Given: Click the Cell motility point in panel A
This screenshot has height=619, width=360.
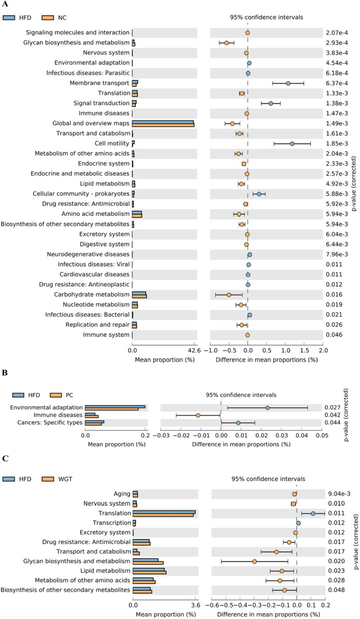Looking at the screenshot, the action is (292, 144).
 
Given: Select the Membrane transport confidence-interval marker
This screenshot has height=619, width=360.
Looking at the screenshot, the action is (288, 83).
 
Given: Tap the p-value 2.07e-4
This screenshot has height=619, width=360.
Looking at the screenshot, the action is (337, 32).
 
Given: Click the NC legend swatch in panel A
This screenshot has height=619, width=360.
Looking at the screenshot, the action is (48, 18).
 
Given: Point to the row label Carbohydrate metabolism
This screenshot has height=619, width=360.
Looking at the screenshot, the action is (92, 295).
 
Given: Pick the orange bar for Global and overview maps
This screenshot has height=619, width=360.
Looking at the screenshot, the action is (163, 125).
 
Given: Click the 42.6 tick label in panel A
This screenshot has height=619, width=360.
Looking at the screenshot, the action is (194, 350).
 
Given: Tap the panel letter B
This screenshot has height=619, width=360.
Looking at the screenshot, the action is (5, 373).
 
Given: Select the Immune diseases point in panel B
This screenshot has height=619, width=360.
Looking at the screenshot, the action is (198, 415).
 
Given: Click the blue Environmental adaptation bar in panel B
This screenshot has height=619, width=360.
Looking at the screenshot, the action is (115, 407).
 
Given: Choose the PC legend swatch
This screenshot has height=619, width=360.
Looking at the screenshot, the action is (56, 395).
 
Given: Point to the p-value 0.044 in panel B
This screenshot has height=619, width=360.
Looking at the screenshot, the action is (333, 422).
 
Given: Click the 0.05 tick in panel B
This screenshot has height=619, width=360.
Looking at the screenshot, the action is (322, 436).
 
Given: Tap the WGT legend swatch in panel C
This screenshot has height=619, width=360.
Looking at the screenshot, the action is (48, 479).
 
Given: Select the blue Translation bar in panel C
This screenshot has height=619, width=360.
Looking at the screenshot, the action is (164, 512).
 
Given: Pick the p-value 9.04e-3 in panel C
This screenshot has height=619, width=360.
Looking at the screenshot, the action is (339, 494).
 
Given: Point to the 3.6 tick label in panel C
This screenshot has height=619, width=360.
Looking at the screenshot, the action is (195, 605).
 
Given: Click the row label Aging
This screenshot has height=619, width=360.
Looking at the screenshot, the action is (122, 494).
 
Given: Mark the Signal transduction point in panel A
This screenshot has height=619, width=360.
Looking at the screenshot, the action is (271, 104).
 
